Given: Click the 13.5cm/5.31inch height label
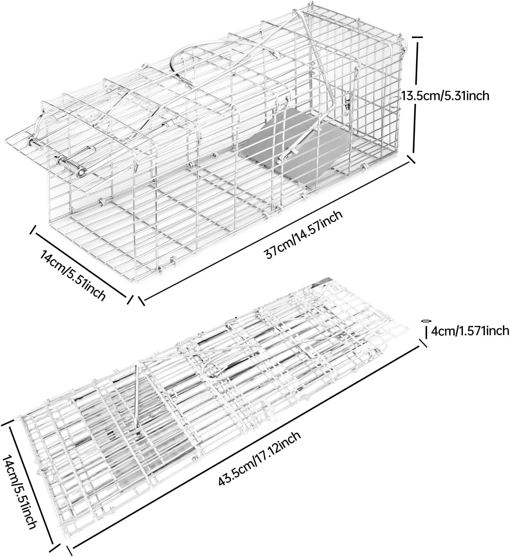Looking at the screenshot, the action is [x=445, y=96].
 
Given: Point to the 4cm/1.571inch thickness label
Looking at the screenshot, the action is [x=470, y=331].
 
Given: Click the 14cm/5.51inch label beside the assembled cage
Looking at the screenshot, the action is [x=73, y=275].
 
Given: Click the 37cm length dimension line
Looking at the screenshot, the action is [x=276, y=229].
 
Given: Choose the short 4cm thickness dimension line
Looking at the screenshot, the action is [x=426, y=332].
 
